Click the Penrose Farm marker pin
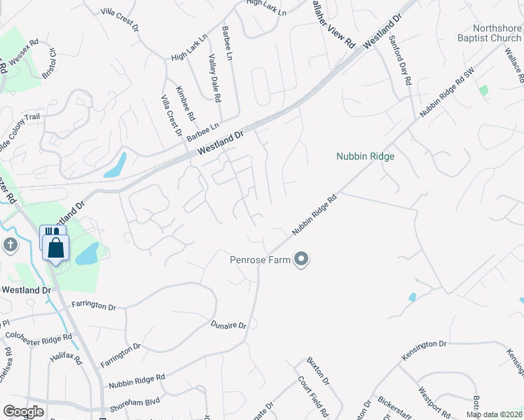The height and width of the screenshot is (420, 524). pos(302,260)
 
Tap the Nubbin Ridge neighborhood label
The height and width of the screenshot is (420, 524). pos(365,156)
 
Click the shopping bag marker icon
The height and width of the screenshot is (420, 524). pos(55,247)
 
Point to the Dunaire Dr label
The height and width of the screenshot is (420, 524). pos(228,325)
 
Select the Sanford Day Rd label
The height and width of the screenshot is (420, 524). pos(399,60)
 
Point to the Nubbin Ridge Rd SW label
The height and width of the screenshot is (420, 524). pos(447,92)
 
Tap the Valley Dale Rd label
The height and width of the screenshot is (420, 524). pos(214,78)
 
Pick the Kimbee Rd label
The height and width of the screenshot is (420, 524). pos(186,102)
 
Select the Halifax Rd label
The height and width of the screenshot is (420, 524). pos(67,361)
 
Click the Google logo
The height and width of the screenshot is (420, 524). pos(23,411)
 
